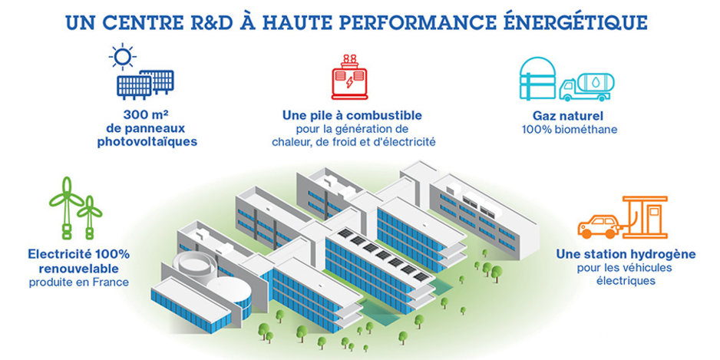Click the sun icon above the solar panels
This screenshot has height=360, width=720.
[x=122, y=57]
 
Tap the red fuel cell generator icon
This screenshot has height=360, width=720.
[x=350, y=77]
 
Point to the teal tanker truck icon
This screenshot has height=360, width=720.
[x=587, y=87]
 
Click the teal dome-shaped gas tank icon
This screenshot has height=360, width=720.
[x=537, y=78]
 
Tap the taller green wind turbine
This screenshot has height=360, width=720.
[x=66, y=207]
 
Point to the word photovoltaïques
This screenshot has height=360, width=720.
[x=147, y=142]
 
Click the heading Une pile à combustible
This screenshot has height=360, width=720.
[x=352, y=115]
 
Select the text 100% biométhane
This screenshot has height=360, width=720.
[x=570, y=130]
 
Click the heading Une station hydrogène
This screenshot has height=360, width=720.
[x=626, y=254]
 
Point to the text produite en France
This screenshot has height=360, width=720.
[x=78, y=282]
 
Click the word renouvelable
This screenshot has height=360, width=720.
[x=78, y=268]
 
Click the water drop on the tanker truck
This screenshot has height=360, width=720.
[x=595, y=83]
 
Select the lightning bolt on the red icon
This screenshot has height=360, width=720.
[x=350, y=82]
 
